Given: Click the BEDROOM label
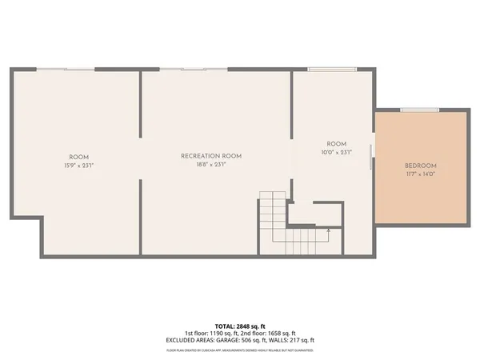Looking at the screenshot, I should [x=421, y=166].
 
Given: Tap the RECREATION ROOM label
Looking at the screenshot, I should [x=211, y=156].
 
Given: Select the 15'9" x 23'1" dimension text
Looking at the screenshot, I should [x=78, y=165].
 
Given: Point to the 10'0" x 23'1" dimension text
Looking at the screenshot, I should [x=336, y=152].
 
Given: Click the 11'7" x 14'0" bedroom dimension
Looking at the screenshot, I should [x=421, y=175].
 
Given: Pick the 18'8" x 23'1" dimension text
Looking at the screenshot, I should [x=211, y=165].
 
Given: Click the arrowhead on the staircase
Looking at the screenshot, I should [x=328, y=230].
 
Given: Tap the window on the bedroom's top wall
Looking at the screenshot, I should [x=414, y=110].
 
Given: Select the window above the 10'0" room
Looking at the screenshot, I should [x=322, y=70].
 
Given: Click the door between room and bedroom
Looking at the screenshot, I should [x=371, y=157].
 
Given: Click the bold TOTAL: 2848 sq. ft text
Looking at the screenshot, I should [x=239, y=326].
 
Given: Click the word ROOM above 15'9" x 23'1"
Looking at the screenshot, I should [x=78, y=157].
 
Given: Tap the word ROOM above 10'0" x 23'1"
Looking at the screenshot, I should [x=336, y=144].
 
